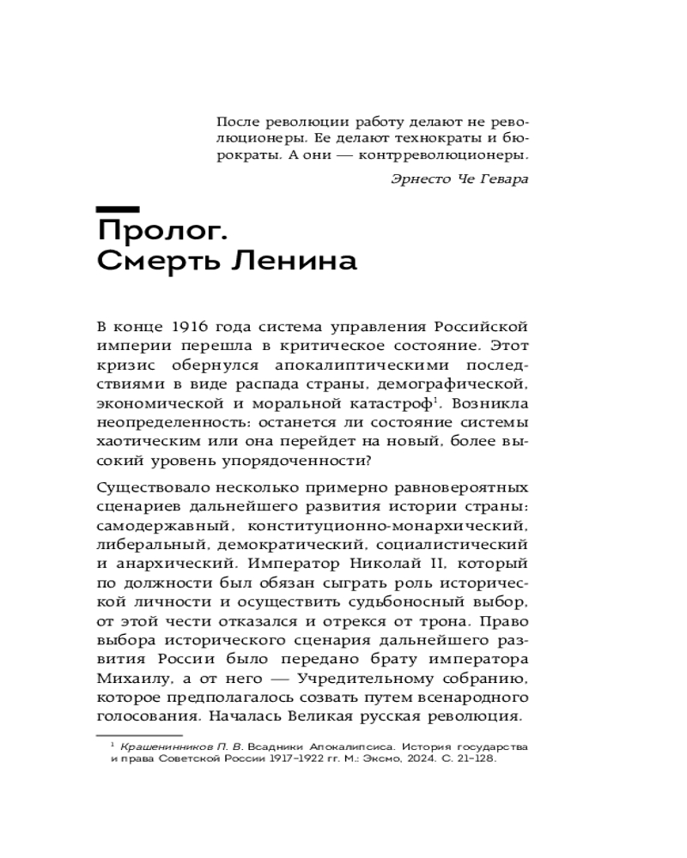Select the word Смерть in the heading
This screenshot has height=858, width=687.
click(x=155, y=263)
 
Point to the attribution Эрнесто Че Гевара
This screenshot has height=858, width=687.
click(x=459, y=179)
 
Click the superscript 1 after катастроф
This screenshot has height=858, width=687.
click(x=436, y=398)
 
